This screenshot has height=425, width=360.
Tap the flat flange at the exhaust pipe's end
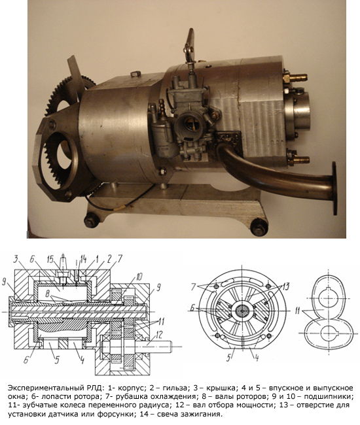[x=334, y=188]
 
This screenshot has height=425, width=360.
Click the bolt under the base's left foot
[x=92, y=220]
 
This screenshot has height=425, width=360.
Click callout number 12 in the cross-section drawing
[x=158, y=335]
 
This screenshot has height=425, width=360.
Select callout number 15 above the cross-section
[x=50, y=260]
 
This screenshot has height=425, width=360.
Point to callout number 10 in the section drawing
[x=139, y=276]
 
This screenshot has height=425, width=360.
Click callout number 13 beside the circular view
[x=285, y=286]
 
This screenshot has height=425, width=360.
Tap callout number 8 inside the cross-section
[x=47, y=294]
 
